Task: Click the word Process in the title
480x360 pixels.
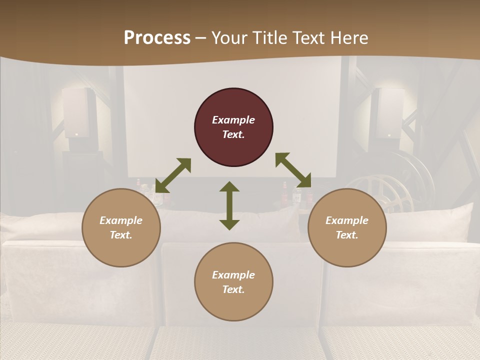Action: (x=157, y=38)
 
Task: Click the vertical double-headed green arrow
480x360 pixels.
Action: (x=229, y=205)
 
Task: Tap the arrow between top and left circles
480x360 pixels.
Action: (x=173, y=175)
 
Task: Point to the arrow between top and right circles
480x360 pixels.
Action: (x=293, y=170)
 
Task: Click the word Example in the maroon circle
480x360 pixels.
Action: (x=233, y=120)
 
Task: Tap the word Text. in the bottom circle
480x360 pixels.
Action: (x=233, y=289)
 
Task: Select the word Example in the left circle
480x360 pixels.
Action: (x=121, y=220)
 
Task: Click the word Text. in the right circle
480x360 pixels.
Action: (x=347, y=235)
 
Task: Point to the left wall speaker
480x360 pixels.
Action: (x=78, y=113)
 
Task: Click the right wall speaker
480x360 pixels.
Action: (x=389, y=113)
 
